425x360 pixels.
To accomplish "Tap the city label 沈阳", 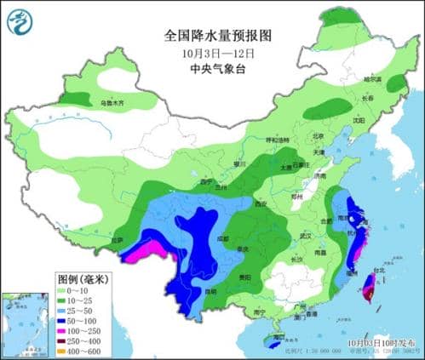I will [x=359, y=121].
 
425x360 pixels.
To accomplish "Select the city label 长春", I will [x=369, y=98].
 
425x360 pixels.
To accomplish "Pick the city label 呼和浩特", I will [x=279, y=140].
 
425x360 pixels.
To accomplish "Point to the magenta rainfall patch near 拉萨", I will [x=141, y=253].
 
